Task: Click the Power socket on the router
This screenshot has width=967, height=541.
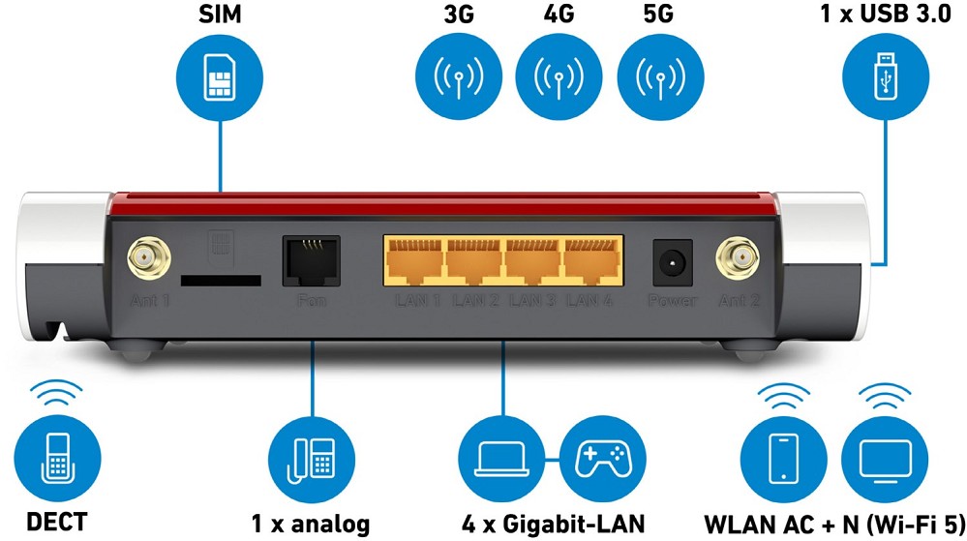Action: coord(671,262)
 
